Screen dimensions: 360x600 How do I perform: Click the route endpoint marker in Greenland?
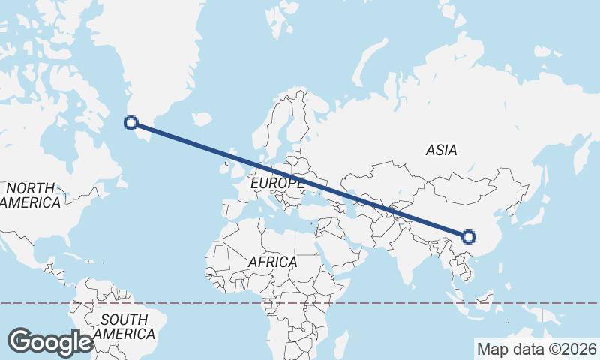click(131, 123)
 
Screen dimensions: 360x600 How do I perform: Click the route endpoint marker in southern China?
click(469, 237)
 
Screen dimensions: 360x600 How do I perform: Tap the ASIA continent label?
click(441, 150)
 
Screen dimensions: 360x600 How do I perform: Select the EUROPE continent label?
click(277, 183)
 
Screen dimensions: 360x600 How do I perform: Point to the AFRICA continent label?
click(273, 262)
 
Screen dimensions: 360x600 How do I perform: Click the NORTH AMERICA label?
click(30, 195)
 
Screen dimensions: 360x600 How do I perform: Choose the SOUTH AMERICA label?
click(127, 326)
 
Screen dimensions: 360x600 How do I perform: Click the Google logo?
click(50, 341)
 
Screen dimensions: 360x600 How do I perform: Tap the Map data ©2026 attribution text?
click(536, 349)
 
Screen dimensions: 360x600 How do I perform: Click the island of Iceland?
click(201, 119)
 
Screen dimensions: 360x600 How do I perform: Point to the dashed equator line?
click(375, 303)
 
